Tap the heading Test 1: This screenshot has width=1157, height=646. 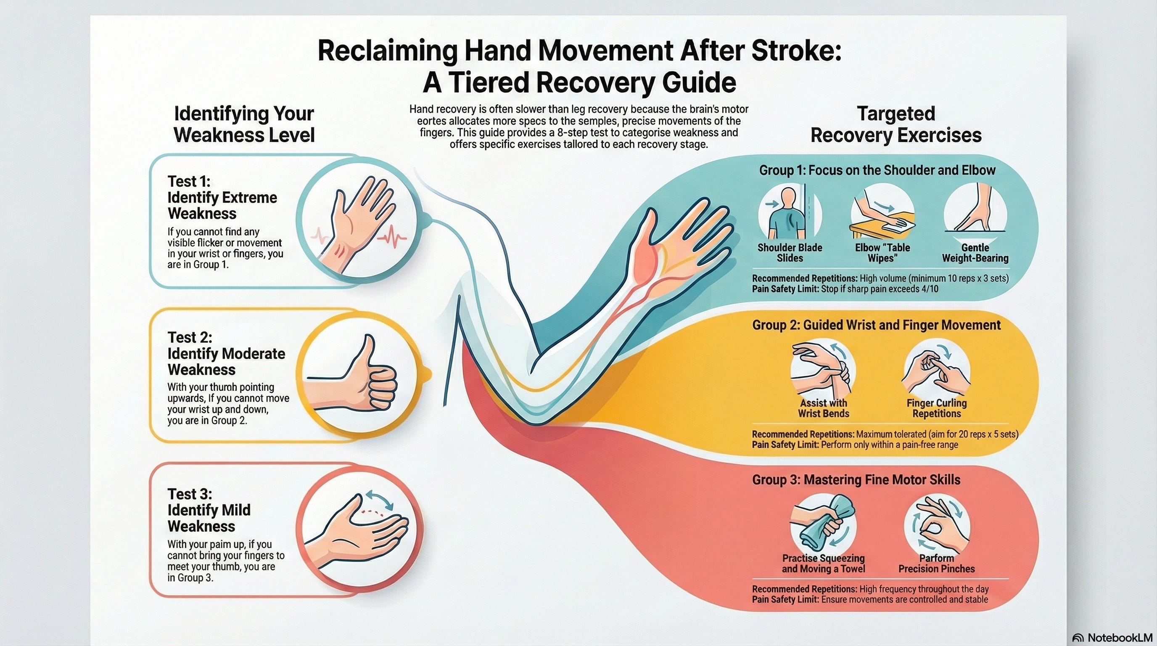(x=189, y=182)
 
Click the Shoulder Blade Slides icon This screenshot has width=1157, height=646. (x=789, y=213)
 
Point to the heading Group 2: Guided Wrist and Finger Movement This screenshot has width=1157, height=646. (x=876, y=325)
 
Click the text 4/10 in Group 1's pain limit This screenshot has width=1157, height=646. (x=931, y=289)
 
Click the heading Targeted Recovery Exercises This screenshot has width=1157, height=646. (x=895, y=124)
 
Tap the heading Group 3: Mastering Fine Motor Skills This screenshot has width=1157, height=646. (x=856, y=480)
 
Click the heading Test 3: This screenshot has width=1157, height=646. (x=189, y=494)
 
